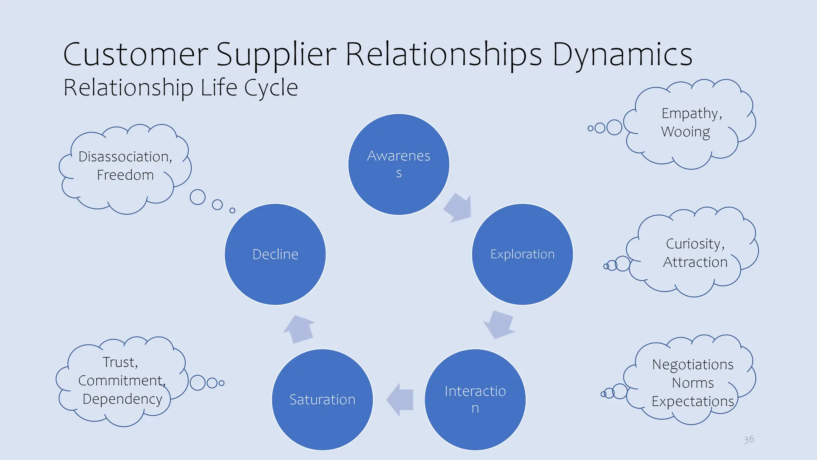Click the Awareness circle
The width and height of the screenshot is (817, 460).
tap(399, 164)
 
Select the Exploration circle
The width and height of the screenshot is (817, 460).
tap(522, 254)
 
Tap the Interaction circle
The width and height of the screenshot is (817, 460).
tap(475, 399)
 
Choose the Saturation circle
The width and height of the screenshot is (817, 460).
tap(322, 399)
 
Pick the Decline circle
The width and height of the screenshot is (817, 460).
tap(275, 254)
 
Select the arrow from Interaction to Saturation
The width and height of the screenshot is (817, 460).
tap(401, 399)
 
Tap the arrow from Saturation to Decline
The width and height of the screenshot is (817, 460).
tap(299, 329)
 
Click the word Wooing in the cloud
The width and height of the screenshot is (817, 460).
tap(685, 132)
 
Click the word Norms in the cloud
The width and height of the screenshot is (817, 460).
tap(693, 383)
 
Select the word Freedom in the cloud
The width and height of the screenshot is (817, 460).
tap(125, 175)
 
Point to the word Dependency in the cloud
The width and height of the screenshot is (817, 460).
tap(122, 399)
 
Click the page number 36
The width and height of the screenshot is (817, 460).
tap(749, 439)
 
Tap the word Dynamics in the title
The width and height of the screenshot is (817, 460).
tap(622, 55)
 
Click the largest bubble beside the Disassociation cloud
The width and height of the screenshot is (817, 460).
tap(197, 197)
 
